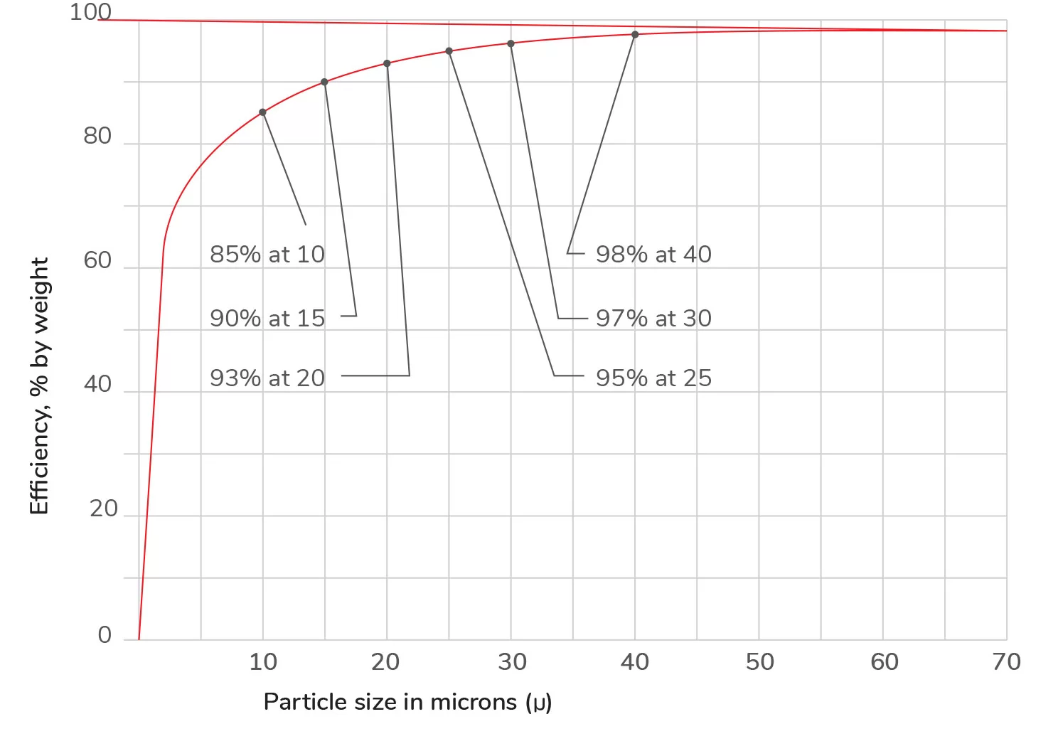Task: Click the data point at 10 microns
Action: (x=262, y=112)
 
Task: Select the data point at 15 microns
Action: (x=325, y=82)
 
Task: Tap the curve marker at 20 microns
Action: (x=387, y=64)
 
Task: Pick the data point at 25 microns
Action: (x=449, y=51)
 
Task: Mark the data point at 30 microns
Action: (x=511, y=44)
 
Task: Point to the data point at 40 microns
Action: (x=635, y=35)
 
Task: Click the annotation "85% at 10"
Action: (x=267, y=255)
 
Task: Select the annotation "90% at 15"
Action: (x=267, y=319)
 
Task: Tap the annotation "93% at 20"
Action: (x=267, y=378)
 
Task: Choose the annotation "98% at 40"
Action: (x=653, y=255)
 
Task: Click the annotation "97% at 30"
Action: (x=653, y=319)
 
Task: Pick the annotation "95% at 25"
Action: (x=653, y=378)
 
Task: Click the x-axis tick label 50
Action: (x=759, y=662)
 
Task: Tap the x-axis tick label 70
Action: (x=1006, y=662)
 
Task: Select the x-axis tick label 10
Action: (x=263, y=662)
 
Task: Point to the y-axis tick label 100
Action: (x=90, y=12)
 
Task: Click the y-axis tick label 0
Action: (x=105, y=635)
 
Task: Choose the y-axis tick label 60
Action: (x=97, y=261)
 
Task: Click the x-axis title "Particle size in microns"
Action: (x=407, y=703)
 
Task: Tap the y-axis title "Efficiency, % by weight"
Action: (x=39, y=386)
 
